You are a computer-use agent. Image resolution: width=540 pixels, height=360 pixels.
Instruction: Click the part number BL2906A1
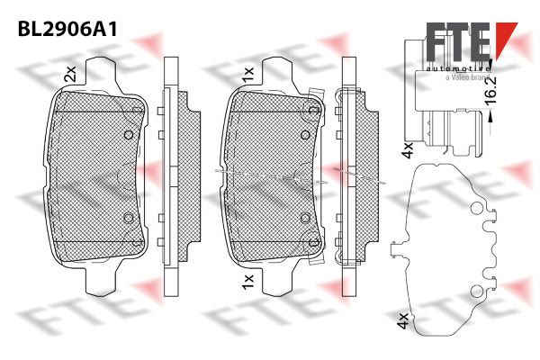pyautogui.click(x=67, y=30)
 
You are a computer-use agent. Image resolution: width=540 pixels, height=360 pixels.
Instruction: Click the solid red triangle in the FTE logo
pyautogui.click(x=505, y=36)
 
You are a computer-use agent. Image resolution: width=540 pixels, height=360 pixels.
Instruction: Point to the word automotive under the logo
pyautogui.click(x=457, y=68)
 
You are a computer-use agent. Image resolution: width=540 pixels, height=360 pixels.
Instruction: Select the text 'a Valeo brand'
pyautogui.click(x=467, y=77)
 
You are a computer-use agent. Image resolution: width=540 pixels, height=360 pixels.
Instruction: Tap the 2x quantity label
pyautogui.click(x=70, y=74)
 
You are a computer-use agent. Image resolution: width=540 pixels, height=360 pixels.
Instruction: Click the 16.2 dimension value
pyautogui.click(x=490, y=90)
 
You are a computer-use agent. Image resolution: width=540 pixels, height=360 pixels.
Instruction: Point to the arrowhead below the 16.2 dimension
pyautogui.click(x=490, y=116)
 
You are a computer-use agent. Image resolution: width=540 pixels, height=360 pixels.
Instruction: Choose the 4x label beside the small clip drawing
pyautogui.click(x=408, y=149)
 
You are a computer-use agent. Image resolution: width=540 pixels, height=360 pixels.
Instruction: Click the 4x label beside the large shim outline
pyautogui.click(x=403, y=320)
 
